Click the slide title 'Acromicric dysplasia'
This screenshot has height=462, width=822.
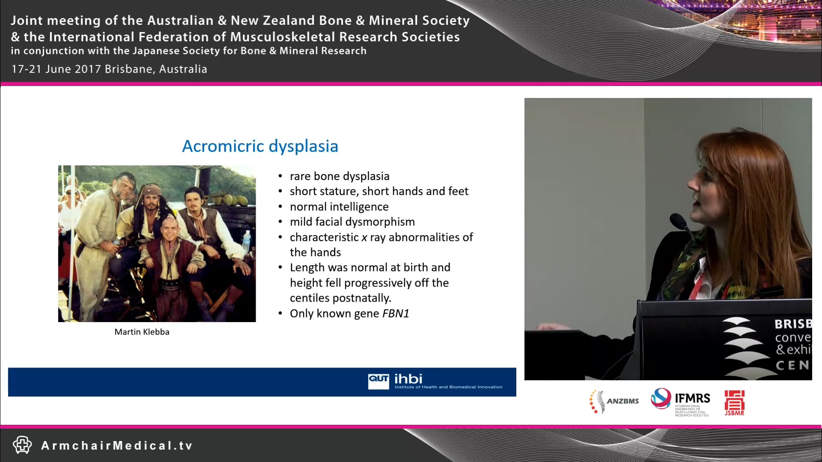point(260,146)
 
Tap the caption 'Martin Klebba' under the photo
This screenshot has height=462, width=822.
point(142,332)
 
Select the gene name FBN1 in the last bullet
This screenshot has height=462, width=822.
point(396,314)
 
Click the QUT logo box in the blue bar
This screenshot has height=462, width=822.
point(378,381)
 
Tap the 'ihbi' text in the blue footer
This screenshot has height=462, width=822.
point(408,379)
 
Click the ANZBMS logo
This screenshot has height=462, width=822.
point(614,402)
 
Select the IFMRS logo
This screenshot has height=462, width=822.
point(680,402)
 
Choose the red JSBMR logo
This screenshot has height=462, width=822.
point(734,403)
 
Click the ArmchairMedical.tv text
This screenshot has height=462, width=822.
point(117,446)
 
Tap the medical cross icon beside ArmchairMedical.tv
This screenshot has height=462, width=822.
point(22,445)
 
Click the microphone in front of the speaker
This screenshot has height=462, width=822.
point(679,221)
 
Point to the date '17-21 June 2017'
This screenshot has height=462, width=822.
point(56,69)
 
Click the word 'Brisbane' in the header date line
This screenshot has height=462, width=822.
point(128,69)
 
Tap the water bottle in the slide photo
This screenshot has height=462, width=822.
point(246,242)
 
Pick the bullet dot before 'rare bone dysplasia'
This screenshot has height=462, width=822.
point(280,176)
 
